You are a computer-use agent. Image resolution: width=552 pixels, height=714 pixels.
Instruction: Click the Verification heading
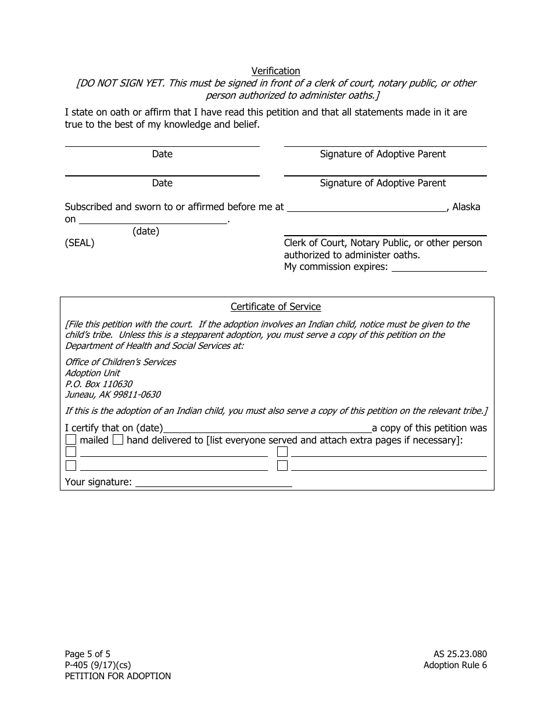(x=275, y=71)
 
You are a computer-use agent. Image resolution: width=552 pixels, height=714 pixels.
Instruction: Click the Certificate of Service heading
(x=275, y=306)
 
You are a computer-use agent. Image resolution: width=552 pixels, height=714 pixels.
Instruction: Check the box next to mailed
(x=71, y=440)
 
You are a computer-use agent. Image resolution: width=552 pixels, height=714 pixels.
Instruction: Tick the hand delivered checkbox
(x=117, y=440)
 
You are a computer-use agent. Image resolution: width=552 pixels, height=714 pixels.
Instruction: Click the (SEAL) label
(x=80, y=243)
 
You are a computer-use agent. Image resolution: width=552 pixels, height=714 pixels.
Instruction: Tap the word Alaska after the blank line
(x=466, y=207)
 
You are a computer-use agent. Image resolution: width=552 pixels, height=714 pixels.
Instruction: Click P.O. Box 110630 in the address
(x=99, y=384)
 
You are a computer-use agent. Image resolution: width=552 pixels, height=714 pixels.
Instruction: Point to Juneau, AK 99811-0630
(x=113, y=395)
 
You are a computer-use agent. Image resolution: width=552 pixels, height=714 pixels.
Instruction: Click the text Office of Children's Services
(x=120, y=362)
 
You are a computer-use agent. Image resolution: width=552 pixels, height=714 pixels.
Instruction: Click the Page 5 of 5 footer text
(x=88, y=654)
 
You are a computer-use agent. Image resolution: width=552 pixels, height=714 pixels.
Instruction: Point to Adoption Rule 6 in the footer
(x=455, y=665)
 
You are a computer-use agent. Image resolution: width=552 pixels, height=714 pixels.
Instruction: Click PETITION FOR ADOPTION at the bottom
(x=118, y=676)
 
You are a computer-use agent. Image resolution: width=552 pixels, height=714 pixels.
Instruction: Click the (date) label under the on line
(x=146, y=231)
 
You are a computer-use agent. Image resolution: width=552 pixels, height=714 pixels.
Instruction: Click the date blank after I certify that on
(x=267, y=428)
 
